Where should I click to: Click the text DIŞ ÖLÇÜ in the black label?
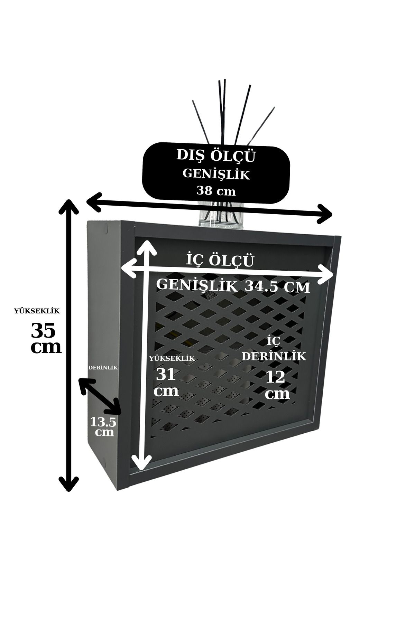point(216,156)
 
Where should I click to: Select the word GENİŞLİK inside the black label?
point(216,174)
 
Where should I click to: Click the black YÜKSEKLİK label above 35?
point(37,311)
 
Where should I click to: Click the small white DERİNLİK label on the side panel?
point(103,368)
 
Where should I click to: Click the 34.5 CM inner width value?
point(277,286)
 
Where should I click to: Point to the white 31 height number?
point(166,374)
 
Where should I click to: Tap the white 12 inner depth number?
point(275,377)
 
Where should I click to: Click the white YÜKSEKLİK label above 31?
point(172,358)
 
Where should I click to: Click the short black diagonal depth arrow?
point(100,396)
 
